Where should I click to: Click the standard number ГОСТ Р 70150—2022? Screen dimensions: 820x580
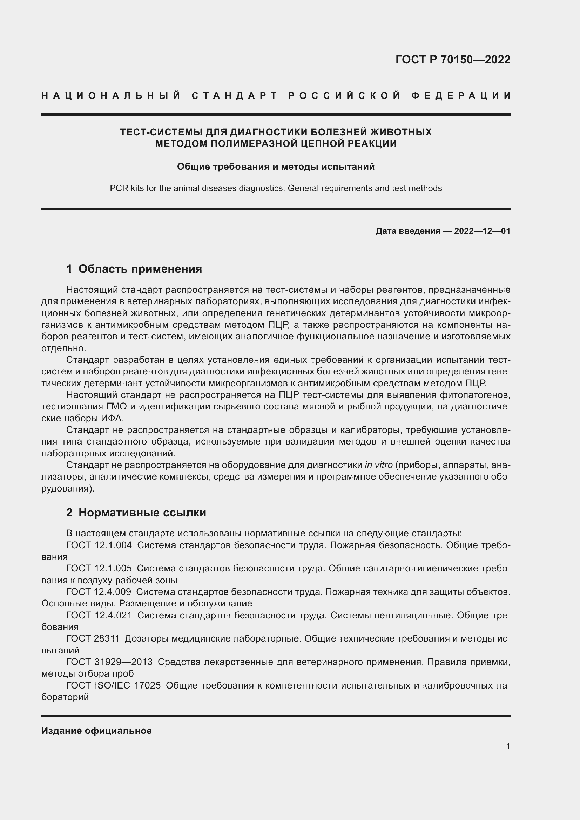(x=452, y=60)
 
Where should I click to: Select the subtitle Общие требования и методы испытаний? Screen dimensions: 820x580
(x=276, y=167)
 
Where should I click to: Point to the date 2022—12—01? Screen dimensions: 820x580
(x=482, y=231)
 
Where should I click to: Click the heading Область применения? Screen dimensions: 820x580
(x=140, y=269)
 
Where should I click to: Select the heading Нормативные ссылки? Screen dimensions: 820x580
(x=142, y=513)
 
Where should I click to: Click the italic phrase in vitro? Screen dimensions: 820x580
(x=378, y=465)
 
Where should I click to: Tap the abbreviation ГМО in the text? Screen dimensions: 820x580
(x=116, y=407)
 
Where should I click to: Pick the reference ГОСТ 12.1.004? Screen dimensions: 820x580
(x=99, y=545)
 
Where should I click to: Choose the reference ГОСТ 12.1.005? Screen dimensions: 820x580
(x=99, y=568)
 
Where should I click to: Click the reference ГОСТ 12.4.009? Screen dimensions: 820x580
(x=99, y=592)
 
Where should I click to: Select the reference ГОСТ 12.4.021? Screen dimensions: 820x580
(x=99, y=615)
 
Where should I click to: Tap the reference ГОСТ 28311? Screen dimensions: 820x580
(x=93, y=638)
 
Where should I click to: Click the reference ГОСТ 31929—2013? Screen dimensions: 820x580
(x=109, y=662)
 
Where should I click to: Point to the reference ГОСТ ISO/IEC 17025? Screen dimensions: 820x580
(x=113, y=685)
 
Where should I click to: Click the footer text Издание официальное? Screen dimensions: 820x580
(x=96, y=730)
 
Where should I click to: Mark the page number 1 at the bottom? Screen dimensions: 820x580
(x=508, y=746)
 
